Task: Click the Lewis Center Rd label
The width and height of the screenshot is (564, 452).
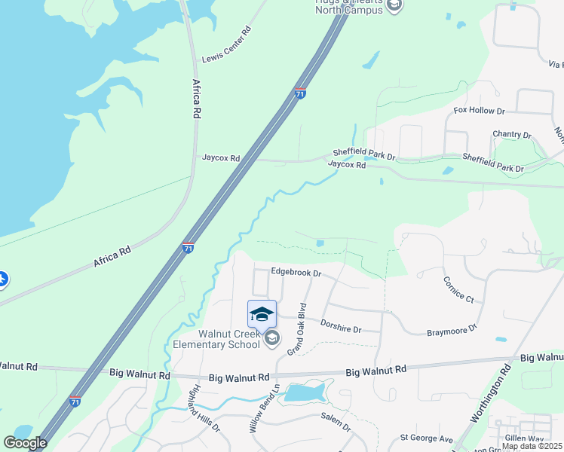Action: coord(226,47)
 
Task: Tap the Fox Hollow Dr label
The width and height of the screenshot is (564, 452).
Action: coord(479,111)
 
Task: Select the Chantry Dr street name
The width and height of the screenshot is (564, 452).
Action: coord(511,134)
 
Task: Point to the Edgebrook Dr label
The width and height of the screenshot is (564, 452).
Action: coord(296,273)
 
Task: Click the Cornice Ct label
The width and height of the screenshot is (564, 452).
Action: coord(458,289)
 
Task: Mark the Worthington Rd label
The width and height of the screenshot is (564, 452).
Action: coord(495,392)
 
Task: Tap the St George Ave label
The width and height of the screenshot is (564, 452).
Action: coord(426,438)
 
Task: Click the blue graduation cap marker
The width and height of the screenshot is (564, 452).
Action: coord(262,313)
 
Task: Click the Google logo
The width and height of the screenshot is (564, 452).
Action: coord(25,442)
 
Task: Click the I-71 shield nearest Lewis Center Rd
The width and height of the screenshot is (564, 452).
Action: coord(300,93)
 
